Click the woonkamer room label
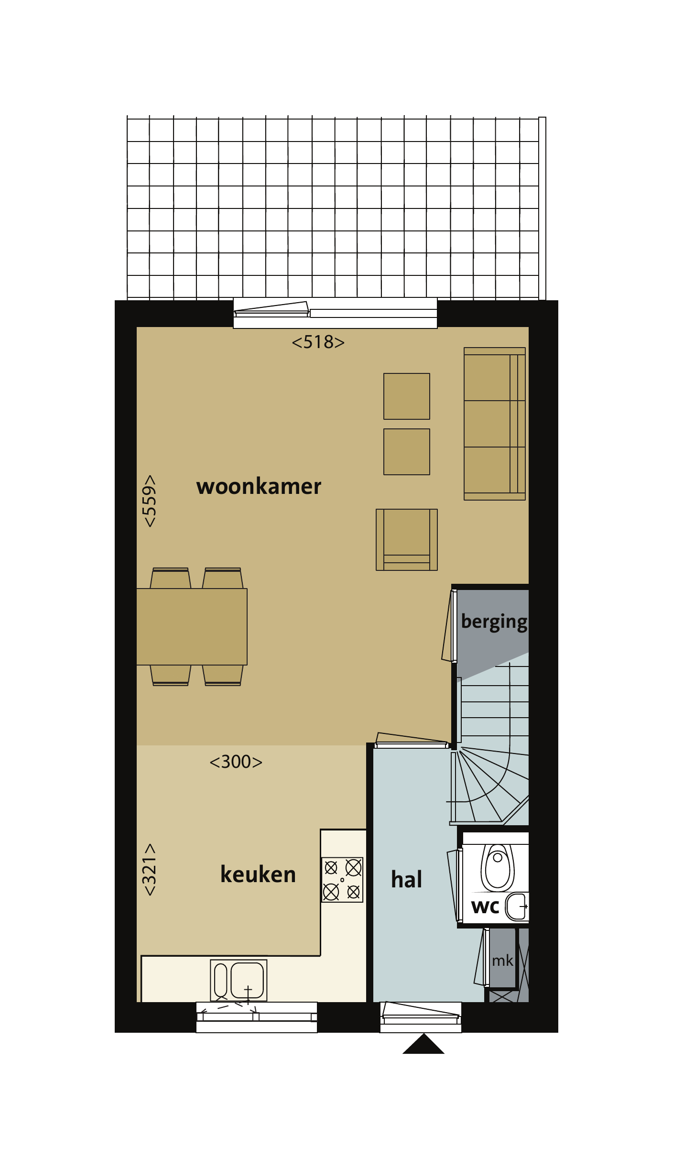coord(259,487)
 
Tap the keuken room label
coord(258,874)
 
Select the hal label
coord(406,879)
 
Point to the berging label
coord(494,622)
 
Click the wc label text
coord(485,907)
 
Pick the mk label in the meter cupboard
coord(502,961)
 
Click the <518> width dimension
coord(318,342)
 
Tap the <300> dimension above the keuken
coord(236,762)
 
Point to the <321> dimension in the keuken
coord(150,870)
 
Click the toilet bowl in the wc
coord(498,867)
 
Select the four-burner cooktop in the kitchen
coord(342,880)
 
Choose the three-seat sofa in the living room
coord(495,424)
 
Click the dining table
coord(192,626)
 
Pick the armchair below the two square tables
coord(407,539)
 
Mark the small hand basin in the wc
coord(517,907)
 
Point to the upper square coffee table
coord(407,396)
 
